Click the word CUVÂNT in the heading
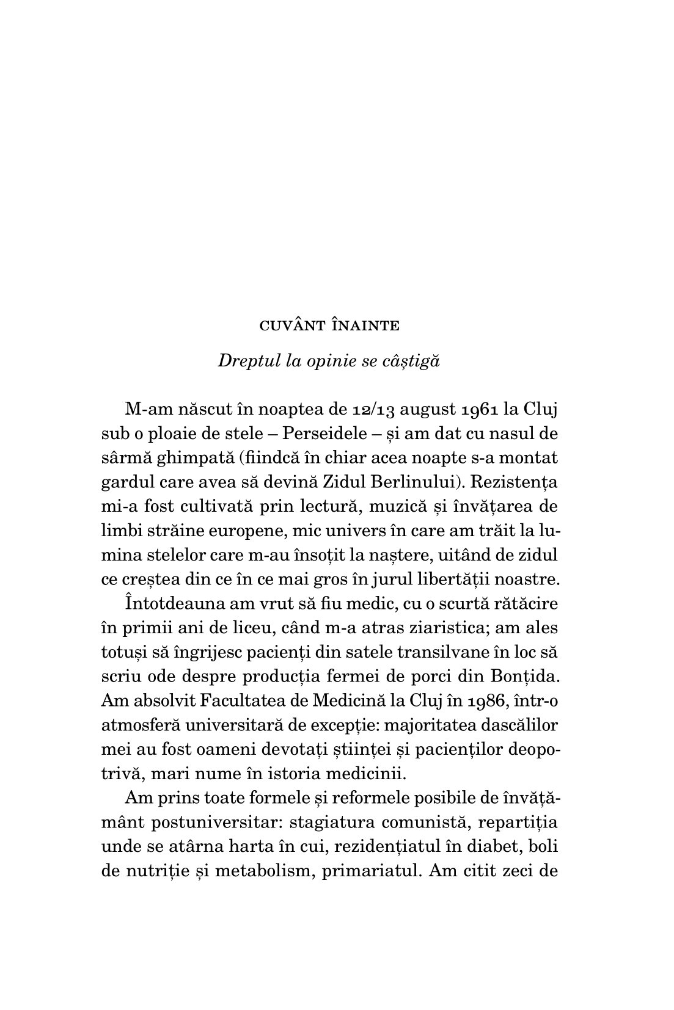(x=291, y=326)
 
